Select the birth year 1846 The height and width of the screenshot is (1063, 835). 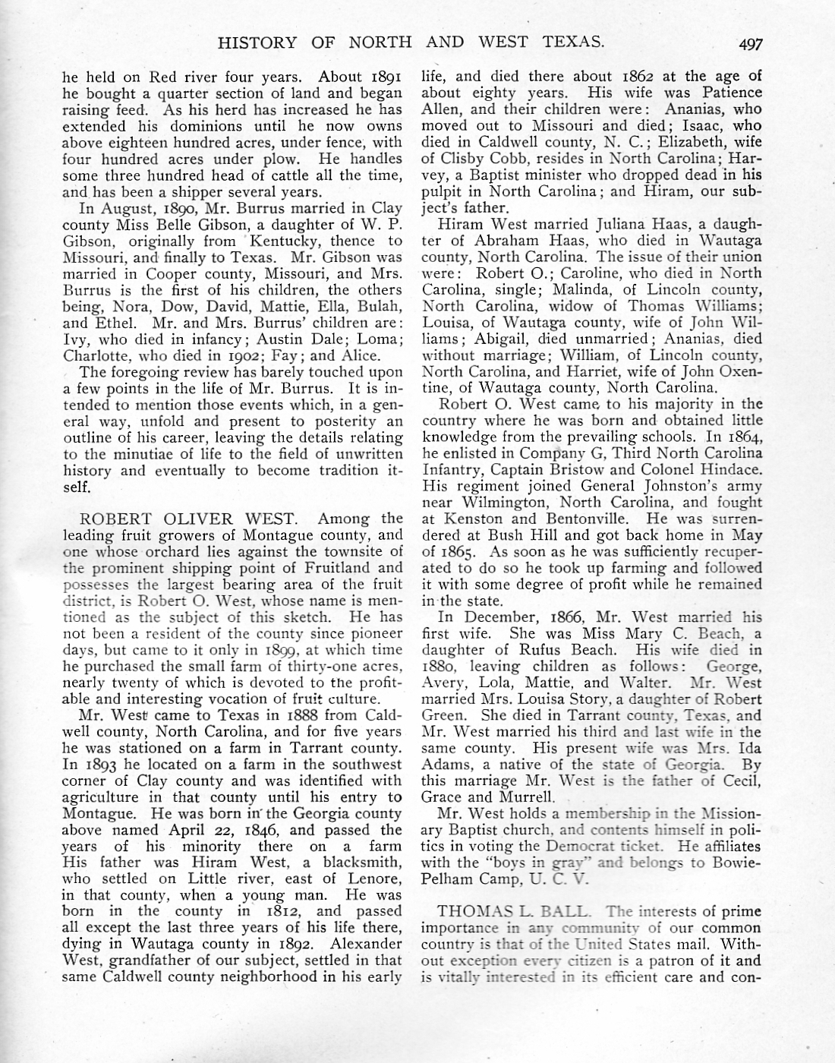(x=261, y=829)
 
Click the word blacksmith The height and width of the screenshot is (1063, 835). (x=362, y=862)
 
